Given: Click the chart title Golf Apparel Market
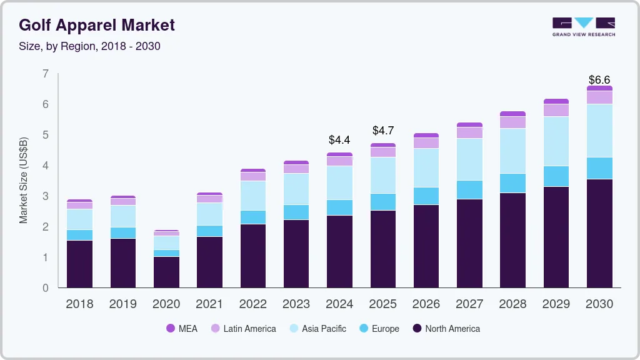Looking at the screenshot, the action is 97,25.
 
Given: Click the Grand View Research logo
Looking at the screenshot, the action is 583,27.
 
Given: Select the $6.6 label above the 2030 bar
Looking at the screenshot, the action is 599,80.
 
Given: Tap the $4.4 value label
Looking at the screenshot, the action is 339,140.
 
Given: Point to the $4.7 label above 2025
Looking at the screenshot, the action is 383,131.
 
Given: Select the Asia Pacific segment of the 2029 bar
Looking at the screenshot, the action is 556,141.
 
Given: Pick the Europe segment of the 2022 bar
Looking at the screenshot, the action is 253,217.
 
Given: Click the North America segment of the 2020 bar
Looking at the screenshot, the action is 166,272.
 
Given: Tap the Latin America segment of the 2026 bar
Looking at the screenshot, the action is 426,142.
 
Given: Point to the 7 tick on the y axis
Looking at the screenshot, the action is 45,74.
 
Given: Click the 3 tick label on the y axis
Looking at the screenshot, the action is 45,196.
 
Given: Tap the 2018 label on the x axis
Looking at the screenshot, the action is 79,304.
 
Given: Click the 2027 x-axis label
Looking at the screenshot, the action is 469,304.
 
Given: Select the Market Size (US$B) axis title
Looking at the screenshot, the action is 24,180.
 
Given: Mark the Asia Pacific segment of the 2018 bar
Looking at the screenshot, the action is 79,219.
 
